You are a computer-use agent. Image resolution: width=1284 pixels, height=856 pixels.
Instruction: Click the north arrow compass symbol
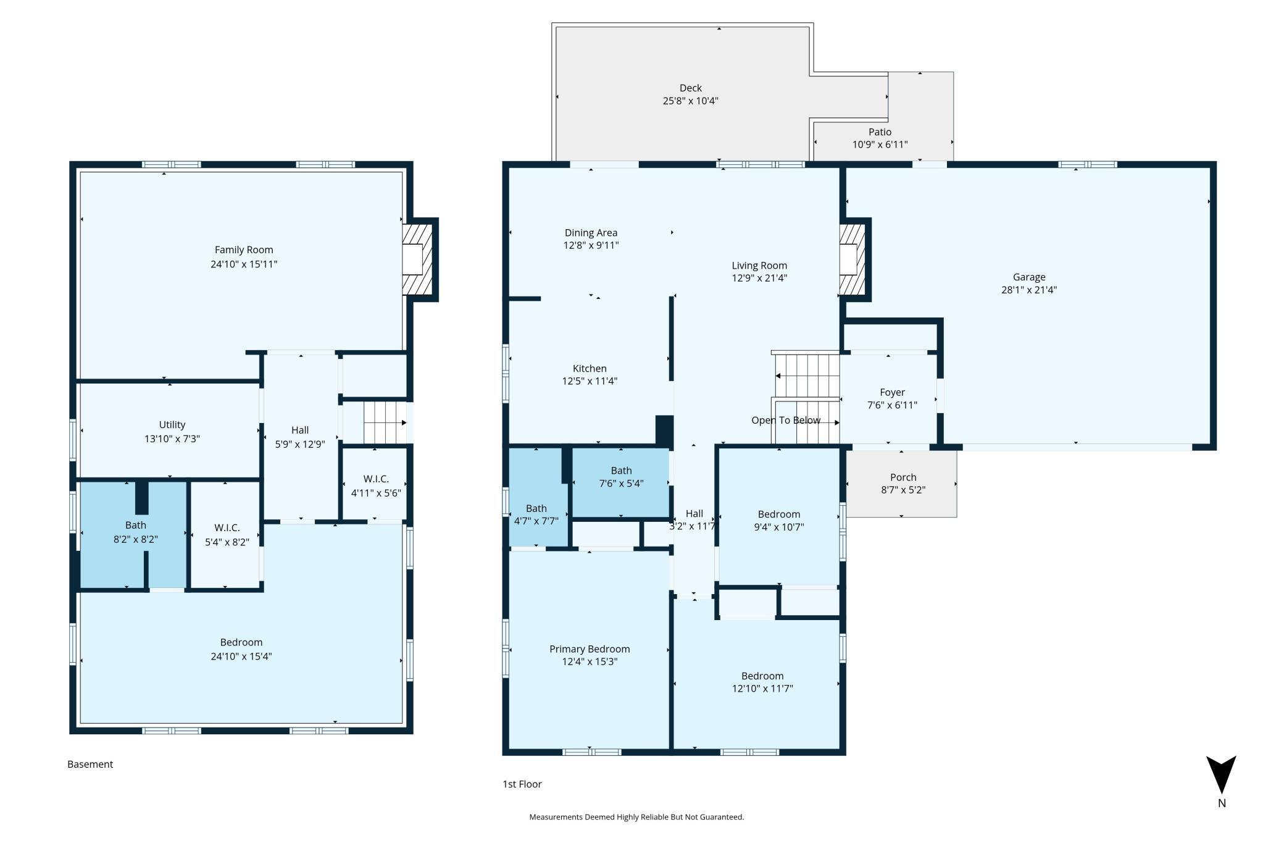pos(1221,774)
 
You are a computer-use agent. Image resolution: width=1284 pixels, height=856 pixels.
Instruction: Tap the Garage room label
pos(1029,277)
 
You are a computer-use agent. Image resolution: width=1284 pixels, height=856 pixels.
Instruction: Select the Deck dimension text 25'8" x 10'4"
pos(691,101)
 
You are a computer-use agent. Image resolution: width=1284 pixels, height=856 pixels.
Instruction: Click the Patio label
pos(880,132)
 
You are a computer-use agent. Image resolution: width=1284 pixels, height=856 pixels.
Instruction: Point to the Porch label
pos(903,477)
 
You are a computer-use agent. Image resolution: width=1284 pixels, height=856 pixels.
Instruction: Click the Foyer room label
pos(893,392)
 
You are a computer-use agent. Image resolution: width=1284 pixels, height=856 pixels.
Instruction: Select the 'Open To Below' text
pos(786,420)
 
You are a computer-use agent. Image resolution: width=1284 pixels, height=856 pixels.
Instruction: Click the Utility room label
pos(172,425)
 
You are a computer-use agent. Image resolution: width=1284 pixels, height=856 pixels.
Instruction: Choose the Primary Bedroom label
pos(590,649)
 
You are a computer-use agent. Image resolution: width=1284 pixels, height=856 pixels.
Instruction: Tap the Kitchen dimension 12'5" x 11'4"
pos(590,381)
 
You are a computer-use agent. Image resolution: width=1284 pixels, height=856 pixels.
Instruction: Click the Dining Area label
pos(591,233)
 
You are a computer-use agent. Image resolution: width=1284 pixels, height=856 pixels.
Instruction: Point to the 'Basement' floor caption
pos(90,764)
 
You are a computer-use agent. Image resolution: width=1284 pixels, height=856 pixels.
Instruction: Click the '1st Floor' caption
pos(522,784)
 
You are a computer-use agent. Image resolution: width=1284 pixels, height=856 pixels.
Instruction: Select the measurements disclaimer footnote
pos(636,817)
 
